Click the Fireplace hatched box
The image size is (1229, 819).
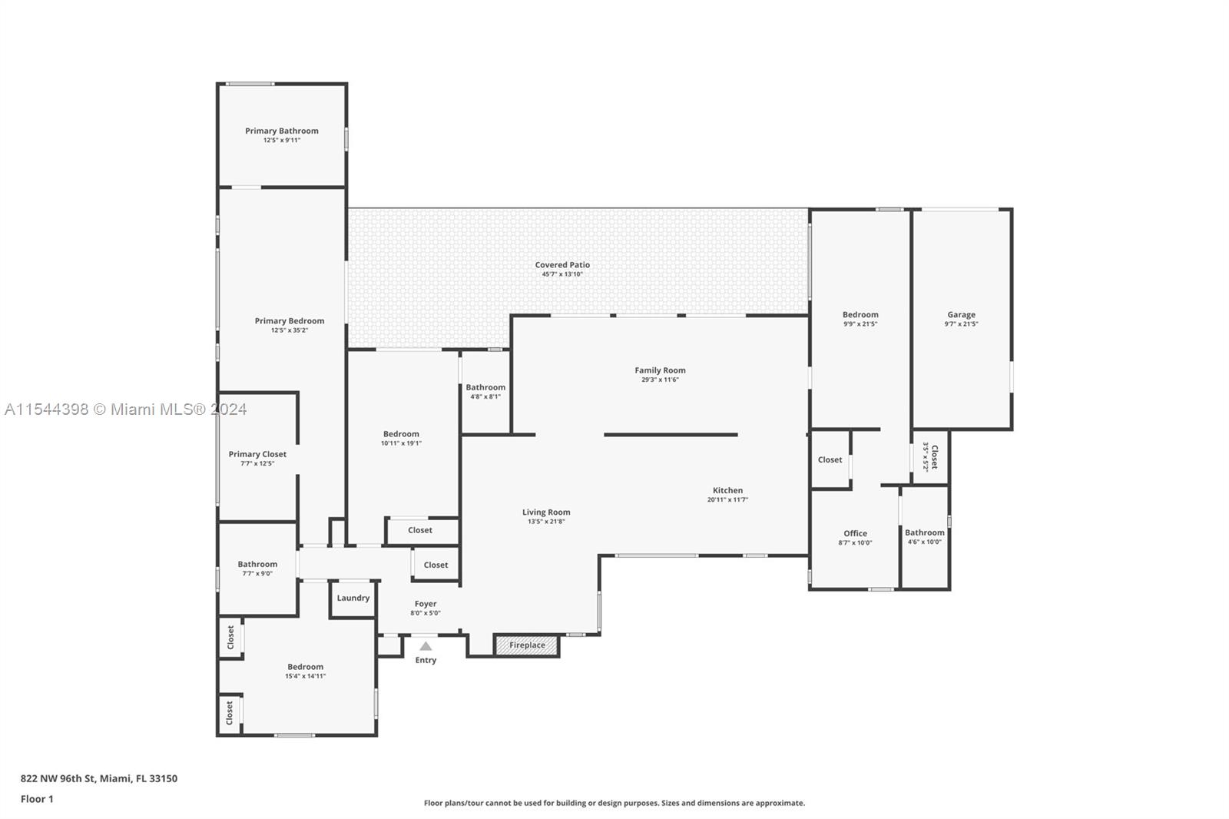click(527, 645)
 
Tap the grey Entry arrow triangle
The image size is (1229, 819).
click(426, 646)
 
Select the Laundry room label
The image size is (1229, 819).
click(353, 598)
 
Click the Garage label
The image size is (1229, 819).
click(961, 314)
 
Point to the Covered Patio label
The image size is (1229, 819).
click(562, 265)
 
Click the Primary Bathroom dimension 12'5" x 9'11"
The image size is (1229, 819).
click(282, 141)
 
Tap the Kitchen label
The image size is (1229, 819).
click(727, 490)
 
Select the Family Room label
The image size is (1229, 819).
click(660, 370)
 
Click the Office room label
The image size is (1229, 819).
click(855, 533)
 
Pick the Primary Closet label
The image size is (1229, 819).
click(257, 454)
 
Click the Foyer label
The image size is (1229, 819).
click(426, 604)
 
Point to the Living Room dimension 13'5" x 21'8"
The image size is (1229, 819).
click(546, 522)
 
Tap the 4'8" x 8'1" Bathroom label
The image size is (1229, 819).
click(485, 388)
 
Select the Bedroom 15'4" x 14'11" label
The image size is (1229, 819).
click(305, 667)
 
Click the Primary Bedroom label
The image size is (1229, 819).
click(290, 321)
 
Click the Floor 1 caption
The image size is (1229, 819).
click(37, 799)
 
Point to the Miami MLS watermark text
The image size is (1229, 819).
click(126, 409)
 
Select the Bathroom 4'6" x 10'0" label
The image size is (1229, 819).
click(924, 532)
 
